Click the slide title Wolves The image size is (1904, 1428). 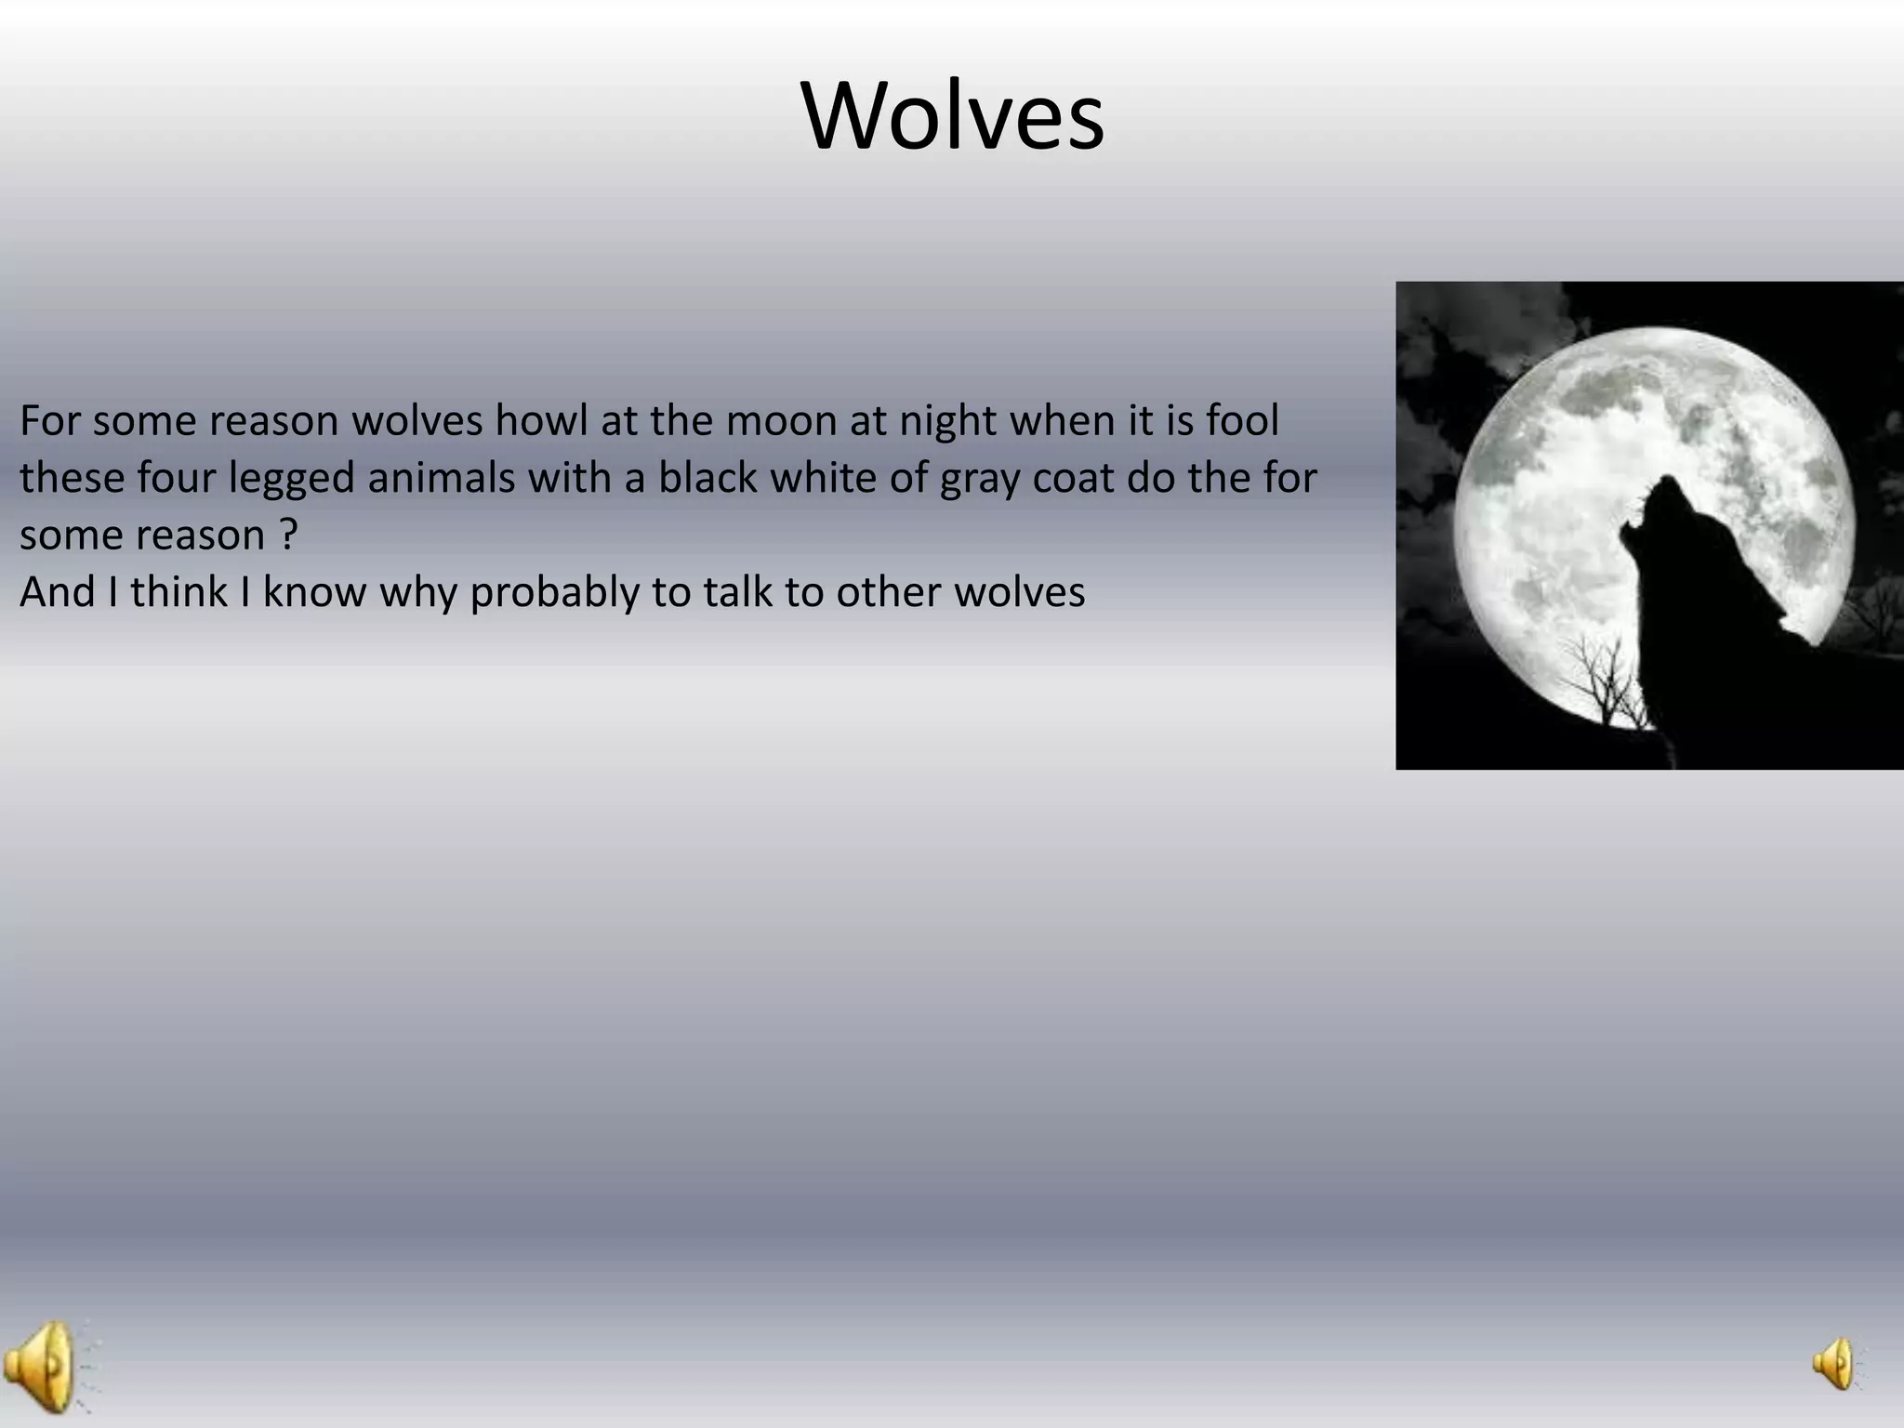click(952, 117)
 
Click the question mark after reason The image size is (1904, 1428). click(288, 535)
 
